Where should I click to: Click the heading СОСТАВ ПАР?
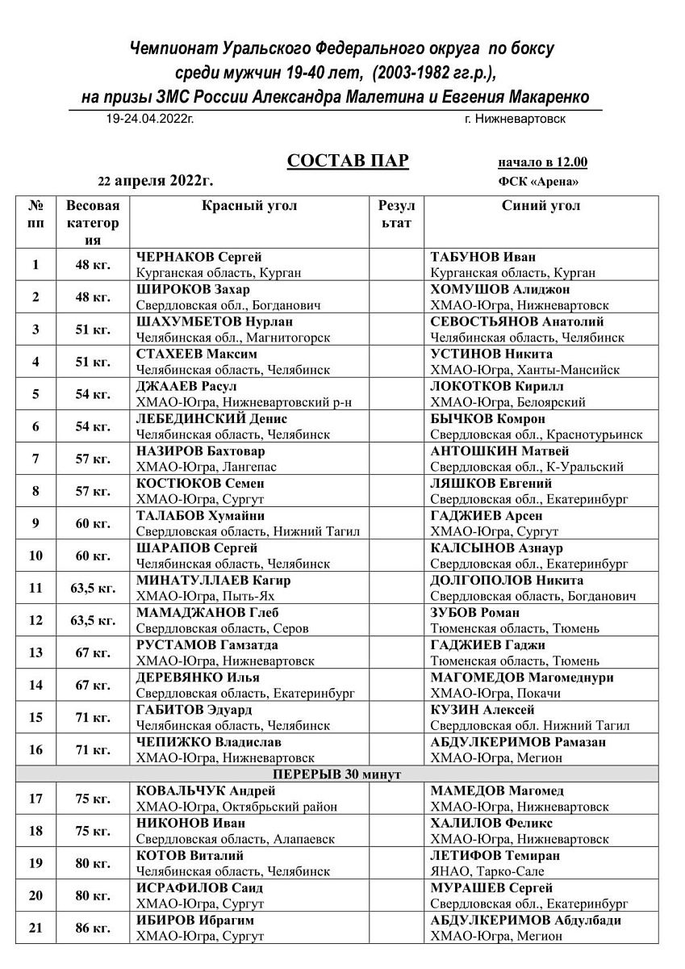pyautogui.click(x=348, y=161)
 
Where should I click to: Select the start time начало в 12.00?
pyautogui.click(x=542, y=161)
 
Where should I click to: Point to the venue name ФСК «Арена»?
pyautogui.click(x=538, y=182)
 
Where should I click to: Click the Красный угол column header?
pyautogui.click(x=249, y=206)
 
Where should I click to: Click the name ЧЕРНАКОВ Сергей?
pyautogui.click(x=199, y=258)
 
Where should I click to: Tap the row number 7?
pyautogui.click(x=36, y=459)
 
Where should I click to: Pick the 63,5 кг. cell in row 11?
pyautogui.click(x=93, y=588)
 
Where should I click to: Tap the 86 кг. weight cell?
pyautogui.click(x=93, y=928)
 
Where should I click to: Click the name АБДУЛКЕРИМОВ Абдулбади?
pyautogui.click(x=526, y=920)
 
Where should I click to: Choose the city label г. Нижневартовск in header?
pyautogui.click(x=515, y=119)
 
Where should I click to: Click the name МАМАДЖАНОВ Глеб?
pyautogui.click(x=201, y=613)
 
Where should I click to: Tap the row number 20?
pyautogui.click(x=36, y=896)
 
